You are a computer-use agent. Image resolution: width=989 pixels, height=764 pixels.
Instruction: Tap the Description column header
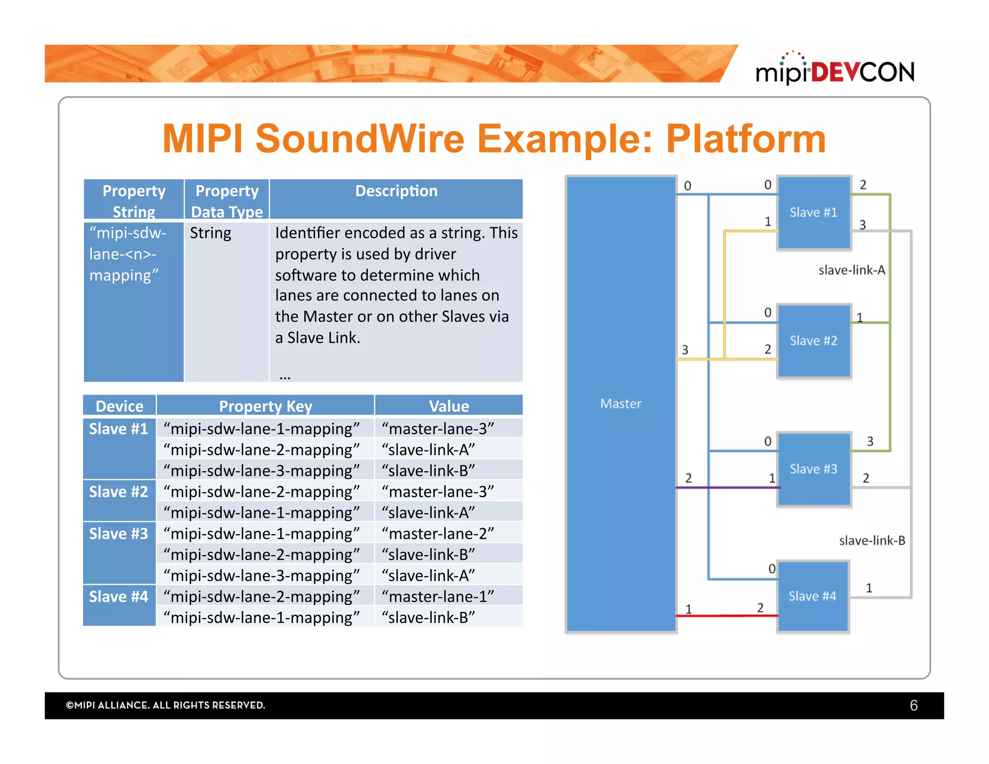[x=396, y=192]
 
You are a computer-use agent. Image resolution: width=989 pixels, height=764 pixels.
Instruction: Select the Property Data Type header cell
[x=226, y=201]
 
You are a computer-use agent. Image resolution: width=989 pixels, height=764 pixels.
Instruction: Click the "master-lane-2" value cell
[x=438, y=534]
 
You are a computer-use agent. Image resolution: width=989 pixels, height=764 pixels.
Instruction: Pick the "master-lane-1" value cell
[x=438, y=596]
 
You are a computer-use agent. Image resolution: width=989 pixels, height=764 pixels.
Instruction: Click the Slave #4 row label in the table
[x=119, y=597]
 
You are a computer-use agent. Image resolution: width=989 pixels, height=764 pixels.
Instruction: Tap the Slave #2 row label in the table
[x=119, y=492]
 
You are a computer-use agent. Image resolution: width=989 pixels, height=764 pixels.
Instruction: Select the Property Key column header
[x=265, y=406]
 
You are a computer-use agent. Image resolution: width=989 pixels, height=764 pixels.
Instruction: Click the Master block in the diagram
[x=621, y=403]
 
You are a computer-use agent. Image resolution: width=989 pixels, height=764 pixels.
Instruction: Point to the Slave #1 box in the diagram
[x=813, y=212]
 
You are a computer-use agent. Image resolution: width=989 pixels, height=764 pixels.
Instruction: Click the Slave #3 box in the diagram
[x=813, y=469]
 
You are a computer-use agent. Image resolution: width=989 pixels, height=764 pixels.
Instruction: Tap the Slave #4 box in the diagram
[x=812, y=596]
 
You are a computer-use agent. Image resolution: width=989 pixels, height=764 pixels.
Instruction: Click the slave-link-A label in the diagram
[x=851, y=270]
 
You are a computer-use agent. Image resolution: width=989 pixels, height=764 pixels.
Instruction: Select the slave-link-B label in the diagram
[x=872, y=540]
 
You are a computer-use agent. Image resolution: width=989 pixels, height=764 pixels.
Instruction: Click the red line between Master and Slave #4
[x=724, y=615]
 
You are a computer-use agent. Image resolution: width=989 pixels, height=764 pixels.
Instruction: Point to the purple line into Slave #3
[x=724, y=487]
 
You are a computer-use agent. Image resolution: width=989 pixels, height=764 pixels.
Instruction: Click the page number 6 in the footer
[x=913, y=706]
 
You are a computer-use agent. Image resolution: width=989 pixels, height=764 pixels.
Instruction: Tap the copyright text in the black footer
[x=166, y=705]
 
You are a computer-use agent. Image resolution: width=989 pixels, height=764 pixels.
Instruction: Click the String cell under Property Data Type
[x=211, y=233]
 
